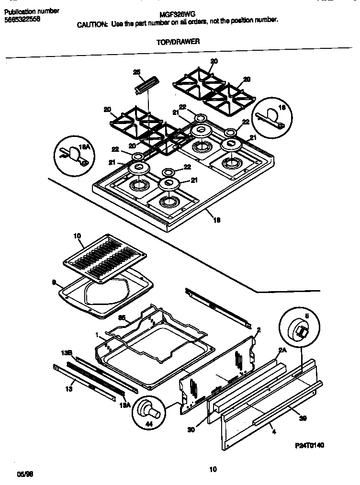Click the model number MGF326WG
click(173, 15)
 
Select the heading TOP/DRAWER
click(178, 42)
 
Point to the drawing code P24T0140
click(309, 445)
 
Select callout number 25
click(136, 72)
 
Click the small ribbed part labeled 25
click(146, 87)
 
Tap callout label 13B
click(67, 353)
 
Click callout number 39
click(302, 417)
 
